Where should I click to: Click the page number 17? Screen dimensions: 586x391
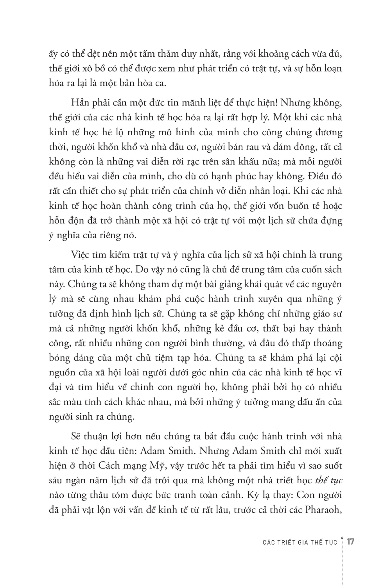[350, 542]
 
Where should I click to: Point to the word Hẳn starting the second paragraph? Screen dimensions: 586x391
[80, 102]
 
